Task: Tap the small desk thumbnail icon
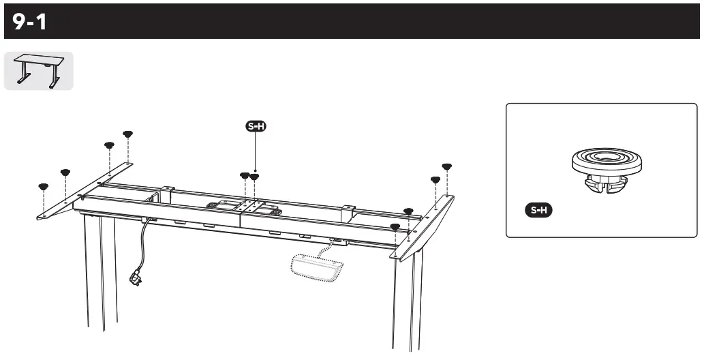click(x=38, y=72)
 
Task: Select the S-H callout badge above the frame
click(x=256, y=125)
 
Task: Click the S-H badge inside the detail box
click(x=538, y=210)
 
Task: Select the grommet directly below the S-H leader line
click(x=255, y=177)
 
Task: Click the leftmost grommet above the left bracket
click(x=43, y=186)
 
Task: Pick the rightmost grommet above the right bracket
click(x=447, y=166)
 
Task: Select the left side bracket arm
click(x=82, y=191)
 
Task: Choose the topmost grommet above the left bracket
click(x=127, y=134)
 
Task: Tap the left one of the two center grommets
click(x=245, y=176)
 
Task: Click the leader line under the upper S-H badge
click(x=256, y=151)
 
